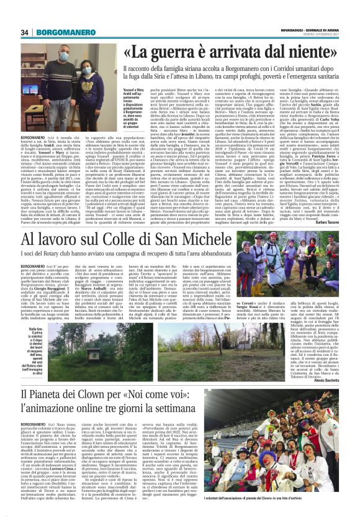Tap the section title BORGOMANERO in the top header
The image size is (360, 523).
click(61, 33)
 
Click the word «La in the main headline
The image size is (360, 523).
click(127, 52)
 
